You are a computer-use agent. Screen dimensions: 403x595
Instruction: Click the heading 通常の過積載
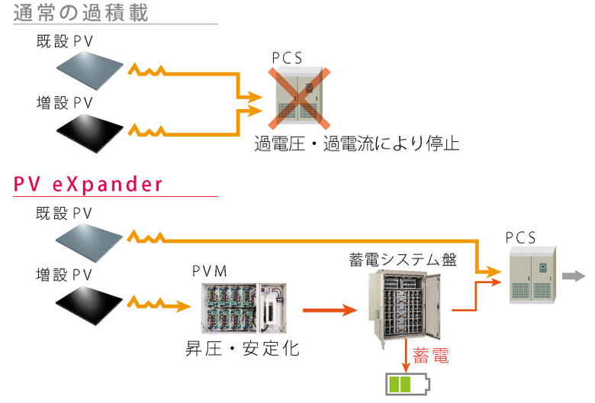[82, 13]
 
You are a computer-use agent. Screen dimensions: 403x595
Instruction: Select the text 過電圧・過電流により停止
[356, 143]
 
